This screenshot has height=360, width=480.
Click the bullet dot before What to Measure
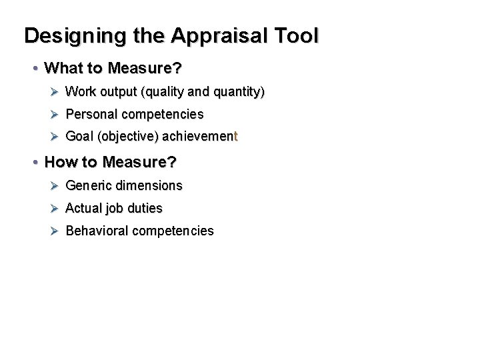click(x=35, y=69)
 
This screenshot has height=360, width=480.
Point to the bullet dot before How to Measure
click(x=35, y=163)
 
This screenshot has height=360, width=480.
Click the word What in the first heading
click(x=62, y=69)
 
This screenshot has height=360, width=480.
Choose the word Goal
click(x=79, y=138)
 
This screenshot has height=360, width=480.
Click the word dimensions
click(x=149, y=185)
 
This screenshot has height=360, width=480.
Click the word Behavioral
click(x=97, y=231)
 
